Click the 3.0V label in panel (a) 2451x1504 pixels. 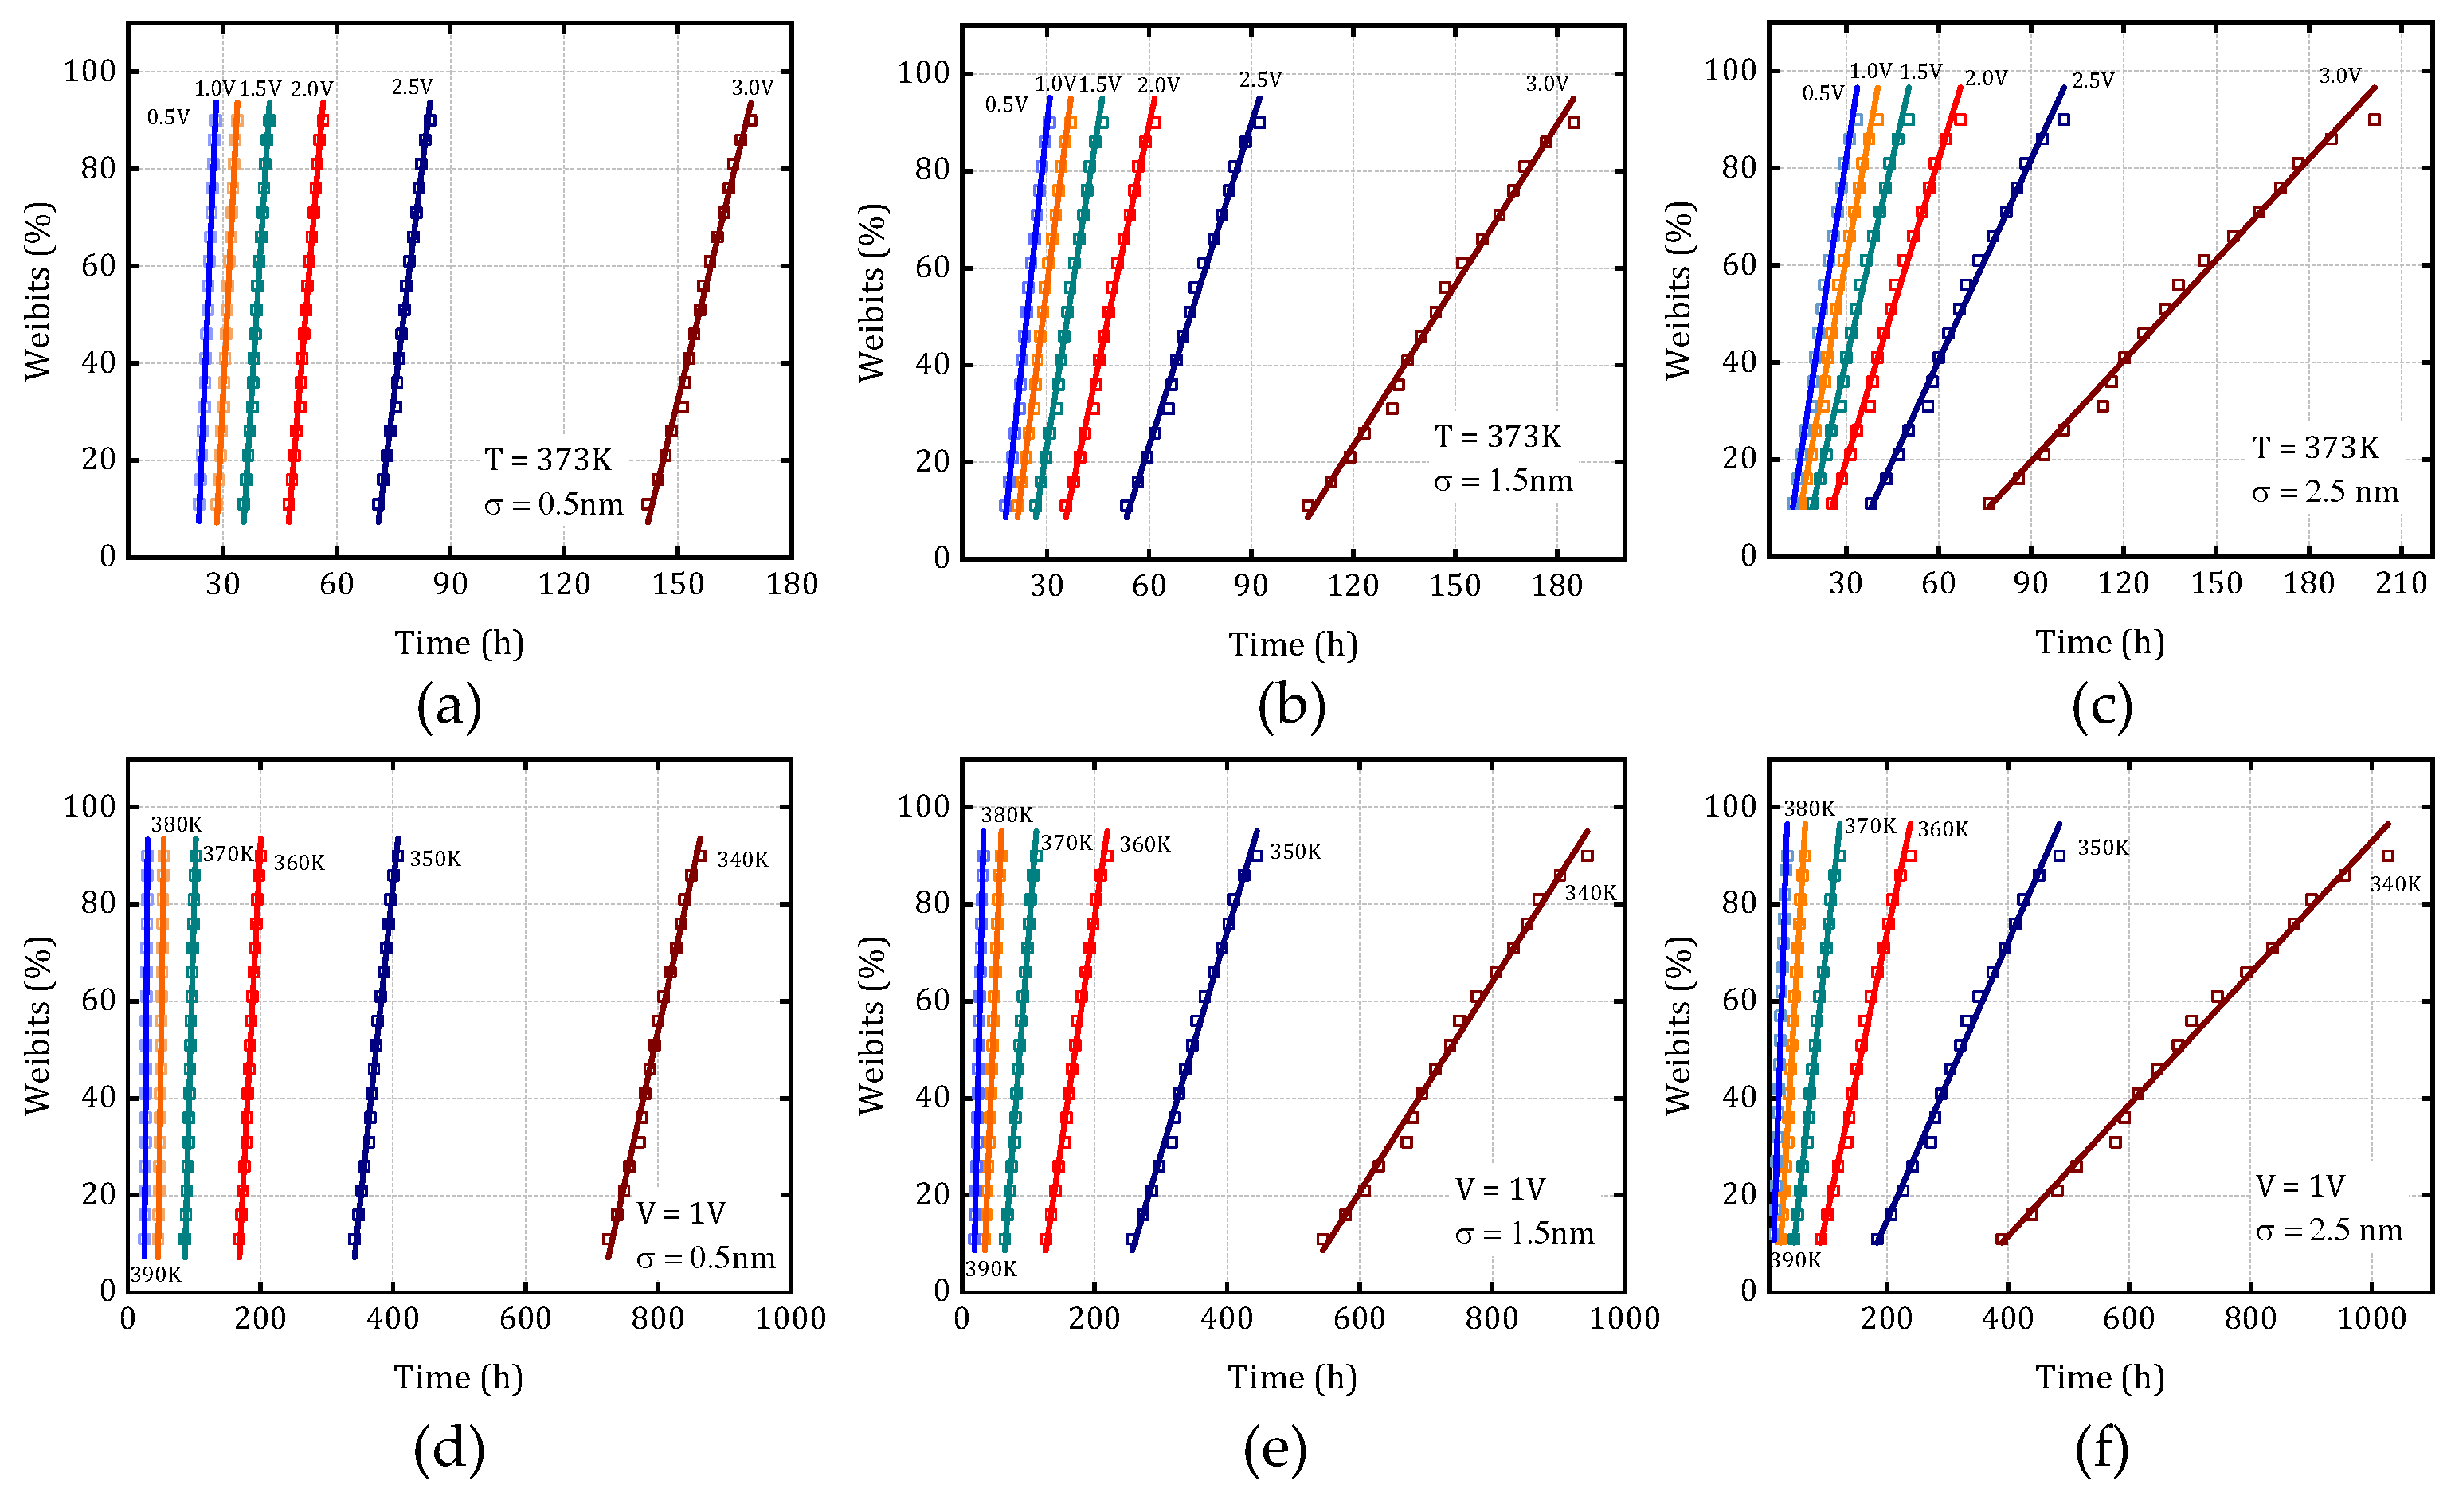tap(752, 88)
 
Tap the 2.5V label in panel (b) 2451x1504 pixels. tap(1260, 80)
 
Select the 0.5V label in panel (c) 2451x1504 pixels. tap(1823, 93)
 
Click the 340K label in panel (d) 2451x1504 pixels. tap(742, 860)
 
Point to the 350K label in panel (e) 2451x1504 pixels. tap(1295, 852)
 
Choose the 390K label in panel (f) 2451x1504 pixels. tap(1795, 1260)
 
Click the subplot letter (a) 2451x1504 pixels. tap(448, 707)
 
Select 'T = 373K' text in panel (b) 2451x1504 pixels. tap(1497, 437)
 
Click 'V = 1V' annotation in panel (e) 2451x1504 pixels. tap(1500, 1189)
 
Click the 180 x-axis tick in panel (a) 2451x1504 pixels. tap(792, 585)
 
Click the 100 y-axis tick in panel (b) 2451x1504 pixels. tap(923, 72)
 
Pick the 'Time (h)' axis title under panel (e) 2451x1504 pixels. tap(1292, 1377)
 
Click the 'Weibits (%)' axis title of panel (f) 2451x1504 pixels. tap(1678, 1024)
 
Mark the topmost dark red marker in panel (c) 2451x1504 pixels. tap(2375, 120)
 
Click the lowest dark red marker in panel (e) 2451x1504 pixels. tap(1323, 1240)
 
